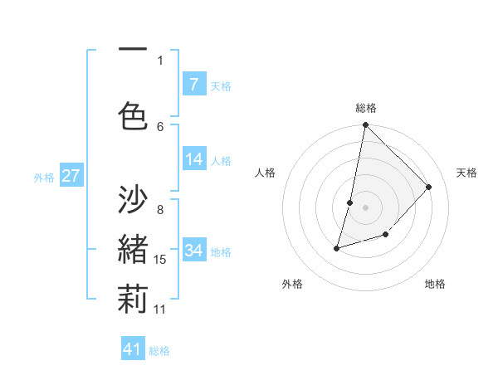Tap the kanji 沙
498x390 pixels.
(x=133, y=201)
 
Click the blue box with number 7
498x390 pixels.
(x=193, y=85)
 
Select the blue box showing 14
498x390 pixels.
(x=193, y=159)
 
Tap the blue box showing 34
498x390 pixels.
(x=193, y=251)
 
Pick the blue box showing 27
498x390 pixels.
(x=71, y=176)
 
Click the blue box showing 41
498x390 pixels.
(x=133, y=349)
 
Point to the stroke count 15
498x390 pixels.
(x=160, y=260)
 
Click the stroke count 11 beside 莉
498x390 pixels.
(x=160, y=310)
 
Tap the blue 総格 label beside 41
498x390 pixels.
(x=159, y=351)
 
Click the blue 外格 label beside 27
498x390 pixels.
(x=44, y=178)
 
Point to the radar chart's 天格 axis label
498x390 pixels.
(x=466, y=173)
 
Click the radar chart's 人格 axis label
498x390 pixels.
(x=266, y=173)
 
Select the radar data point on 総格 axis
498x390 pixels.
(x=365, y=125)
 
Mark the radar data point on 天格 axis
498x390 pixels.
(x=428, y=187)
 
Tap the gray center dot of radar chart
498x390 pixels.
(x=365, y=207)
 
